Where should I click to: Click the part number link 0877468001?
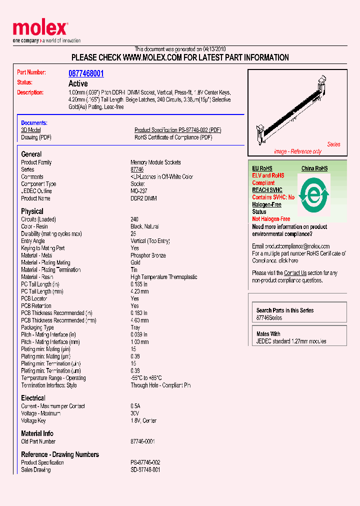click(x=86, y=73)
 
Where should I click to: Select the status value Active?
click(x=78, y=83)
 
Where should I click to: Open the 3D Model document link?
click(x=30, y=130)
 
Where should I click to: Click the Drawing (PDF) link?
click(x=36, y=137)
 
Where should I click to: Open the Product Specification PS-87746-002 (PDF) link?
click(x=177, y=130)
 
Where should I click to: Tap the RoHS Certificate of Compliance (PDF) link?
click(x=173, y=137)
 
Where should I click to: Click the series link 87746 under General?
click(x=137, y=170)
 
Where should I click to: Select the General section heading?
click(x=31, y=154)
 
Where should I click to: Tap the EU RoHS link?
click(x=262, y=168)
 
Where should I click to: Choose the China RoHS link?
click(x=314, y=168)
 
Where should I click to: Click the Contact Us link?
click(x=295, y=273)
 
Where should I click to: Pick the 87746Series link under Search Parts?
click(x=269, y=318)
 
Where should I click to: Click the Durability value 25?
click(x=133, y=234)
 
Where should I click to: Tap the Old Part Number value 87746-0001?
click(x=142, y=441)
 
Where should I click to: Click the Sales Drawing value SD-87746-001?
click(x=145, y=470)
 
